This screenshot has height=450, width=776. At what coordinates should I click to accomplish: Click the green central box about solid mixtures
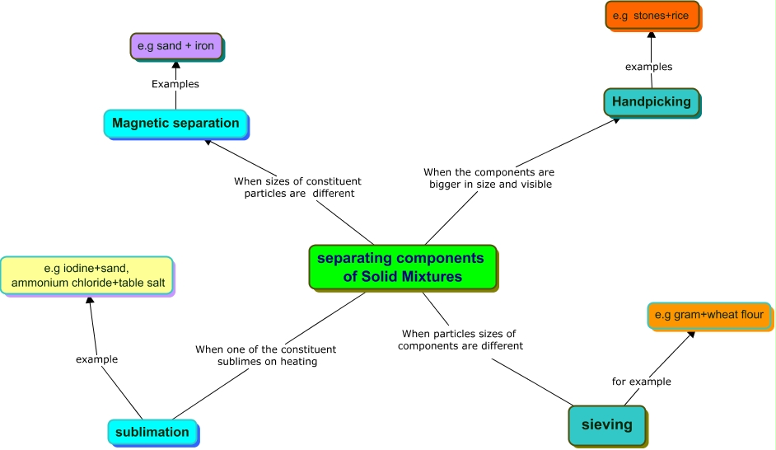(403, 267)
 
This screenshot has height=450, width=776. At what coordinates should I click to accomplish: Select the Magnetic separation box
(175, 124)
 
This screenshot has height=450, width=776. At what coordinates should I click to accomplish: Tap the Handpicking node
(652, 102)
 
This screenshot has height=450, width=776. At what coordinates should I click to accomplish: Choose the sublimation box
(153, 432)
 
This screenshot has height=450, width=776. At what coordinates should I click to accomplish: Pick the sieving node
(608, 426)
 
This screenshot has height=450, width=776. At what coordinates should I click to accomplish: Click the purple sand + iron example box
(176, 46)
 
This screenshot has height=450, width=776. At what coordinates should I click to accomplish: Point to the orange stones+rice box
(652, 16)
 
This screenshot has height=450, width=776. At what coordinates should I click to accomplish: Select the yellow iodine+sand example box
(87, 276)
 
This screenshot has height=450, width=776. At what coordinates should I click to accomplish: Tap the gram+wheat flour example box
(709, 316)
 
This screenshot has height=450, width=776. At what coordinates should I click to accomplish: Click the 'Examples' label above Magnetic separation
(175, 84)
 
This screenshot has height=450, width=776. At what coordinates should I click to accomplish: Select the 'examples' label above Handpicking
(649, 67)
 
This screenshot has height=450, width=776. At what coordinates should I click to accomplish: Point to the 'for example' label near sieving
(642, 382)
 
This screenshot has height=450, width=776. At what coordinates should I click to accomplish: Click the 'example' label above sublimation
(96, 359)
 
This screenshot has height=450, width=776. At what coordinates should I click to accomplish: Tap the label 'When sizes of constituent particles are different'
(298, 187)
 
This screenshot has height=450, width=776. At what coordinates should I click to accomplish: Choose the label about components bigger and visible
(489, 178)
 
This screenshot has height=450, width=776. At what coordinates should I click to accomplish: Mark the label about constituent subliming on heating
(266, 355)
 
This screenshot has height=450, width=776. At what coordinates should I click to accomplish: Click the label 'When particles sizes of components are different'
(460, 340)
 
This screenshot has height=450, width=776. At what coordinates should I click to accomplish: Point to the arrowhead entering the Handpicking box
(616, 120)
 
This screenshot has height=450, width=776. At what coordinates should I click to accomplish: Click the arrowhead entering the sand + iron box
(175, 65)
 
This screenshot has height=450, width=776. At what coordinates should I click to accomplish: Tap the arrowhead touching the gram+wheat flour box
(691, 335)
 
